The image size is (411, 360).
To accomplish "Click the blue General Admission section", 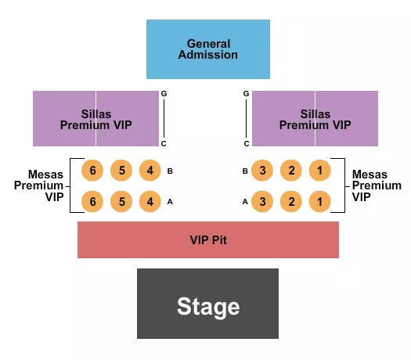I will (207, 49).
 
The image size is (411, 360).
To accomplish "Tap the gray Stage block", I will (207, 304).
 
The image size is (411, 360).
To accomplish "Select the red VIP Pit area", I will (207, 239).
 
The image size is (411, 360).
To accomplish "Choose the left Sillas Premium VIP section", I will (96, 119).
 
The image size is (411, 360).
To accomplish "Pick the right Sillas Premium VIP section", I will (315, 119).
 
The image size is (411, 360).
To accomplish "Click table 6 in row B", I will (92, 170).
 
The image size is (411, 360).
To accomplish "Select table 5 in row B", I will (121, 170).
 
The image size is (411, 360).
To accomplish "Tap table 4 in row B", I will (150, 170).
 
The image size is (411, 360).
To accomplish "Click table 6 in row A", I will (92, 201).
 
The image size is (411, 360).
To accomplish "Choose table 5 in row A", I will (121, 201).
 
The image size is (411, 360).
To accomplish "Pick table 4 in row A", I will (150, 201).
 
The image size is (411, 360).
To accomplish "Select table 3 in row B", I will (262, 170).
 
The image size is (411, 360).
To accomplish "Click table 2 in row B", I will (291, 170).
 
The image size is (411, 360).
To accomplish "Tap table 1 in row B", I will (319, 170).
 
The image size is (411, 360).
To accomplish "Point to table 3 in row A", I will (262, 201).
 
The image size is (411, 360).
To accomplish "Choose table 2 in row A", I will (291, 201).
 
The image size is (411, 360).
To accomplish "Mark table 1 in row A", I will (319, 201).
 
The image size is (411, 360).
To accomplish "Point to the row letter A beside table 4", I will (170, 202).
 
